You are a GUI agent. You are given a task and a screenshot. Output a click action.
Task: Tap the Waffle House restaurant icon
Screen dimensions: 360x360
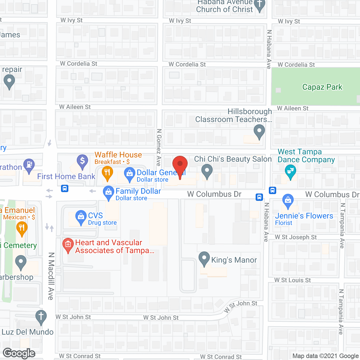click(107, 172)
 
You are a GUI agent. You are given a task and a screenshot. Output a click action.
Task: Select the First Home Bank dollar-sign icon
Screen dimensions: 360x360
click(82, 161)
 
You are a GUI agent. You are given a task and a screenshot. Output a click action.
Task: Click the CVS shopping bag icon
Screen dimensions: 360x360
click(81, 217)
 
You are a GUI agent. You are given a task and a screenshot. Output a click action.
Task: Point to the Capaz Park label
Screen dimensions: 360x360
click(322, 87)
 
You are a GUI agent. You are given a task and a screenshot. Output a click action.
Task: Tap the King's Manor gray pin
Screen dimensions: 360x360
click(204, 258)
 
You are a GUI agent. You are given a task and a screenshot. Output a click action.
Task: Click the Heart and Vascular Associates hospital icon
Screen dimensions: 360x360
click(68, 244)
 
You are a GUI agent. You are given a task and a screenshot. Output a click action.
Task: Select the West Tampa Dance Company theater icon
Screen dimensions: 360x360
click(290, 171)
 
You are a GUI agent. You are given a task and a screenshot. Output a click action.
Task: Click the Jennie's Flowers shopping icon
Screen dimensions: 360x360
click(288, 200)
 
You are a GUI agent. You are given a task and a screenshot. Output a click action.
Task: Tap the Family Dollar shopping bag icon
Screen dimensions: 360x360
click(108, 192)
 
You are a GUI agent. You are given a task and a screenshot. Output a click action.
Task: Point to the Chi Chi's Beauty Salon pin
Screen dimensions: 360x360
click(207, 170)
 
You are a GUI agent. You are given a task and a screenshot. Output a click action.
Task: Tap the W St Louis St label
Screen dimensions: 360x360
click(292, 280)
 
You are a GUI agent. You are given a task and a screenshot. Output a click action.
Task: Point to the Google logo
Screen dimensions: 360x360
click(19, 353)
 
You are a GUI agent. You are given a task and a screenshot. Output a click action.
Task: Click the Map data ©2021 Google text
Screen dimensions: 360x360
click(326, 356)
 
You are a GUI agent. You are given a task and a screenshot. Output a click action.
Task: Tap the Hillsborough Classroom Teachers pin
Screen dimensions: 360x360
click(259, 131)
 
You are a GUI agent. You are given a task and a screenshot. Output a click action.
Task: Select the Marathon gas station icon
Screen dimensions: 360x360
click(29, 165)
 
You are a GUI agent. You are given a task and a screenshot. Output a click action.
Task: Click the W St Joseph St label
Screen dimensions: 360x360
click(296, 237)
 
